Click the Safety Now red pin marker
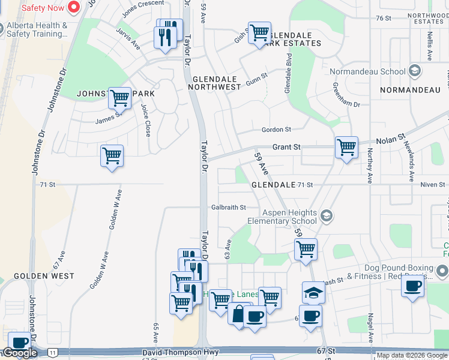[74, 8]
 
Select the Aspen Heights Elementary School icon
[327, 216]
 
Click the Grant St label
[286, 147]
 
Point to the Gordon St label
[276, 130]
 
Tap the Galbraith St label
[229, 208]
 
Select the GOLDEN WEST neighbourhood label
[44, 276]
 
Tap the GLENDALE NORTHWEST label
[217, 83]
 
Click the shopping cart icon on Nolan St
[346, 147]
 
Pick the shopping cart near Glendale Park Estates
[259, 33]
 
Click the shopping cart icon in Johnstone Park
[120, 98]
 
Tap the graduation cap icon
[313, 292]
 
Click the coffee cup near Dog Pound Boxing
[412, 286]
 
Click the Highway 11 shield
[53, 352]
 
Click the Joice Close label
[146, 119]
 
